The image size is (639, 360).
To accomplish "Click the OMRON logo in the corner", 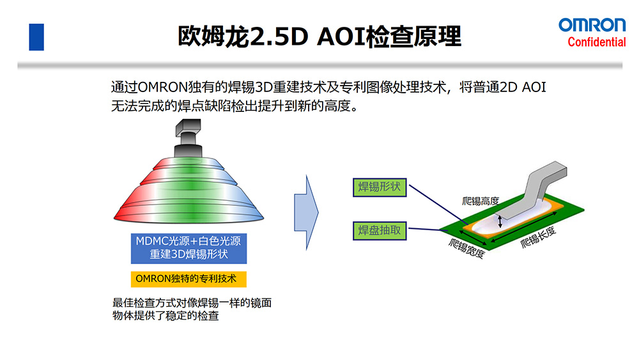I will click(x=592, y=26).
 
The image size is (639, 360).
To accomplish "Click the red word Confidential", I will click(x=597, y=42).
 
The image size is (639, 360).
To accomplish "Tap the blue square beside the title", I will click(x=36, y=37).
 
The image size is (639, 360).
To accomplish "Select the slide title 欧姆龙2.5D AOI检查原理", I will click(x=319, y=36).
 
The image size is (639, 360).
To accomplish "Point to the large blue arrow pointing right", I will click(x=306, y=205).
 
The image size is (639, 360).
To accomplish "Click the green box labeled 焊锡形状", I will click(x=379, y=187).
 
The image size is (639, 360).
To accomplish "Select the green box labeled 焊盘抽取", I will click(x=379, y=230).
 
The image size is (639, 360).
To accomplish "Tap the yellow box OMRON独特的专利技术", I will click(x=189, y=279).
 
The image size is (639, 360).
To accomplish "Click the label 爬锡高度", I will click(x=481, y=201).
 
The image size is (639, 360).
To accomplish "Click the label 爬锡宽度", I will click(x=466, y=249).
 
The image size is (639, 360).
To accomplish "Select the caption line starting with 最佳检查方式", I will click(x=192, y=303).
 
